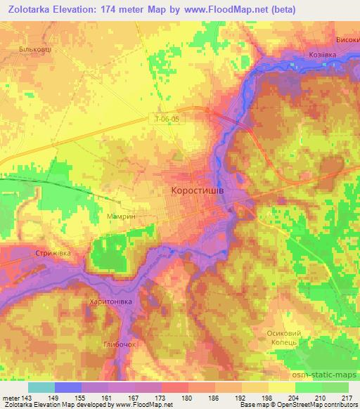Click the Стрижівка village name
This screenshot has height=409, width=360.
pos(53,252)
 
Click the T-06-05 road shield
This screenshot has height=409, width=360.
pos(167,119)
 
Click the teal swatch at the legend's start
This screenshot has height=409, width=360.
pos(41,387)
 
